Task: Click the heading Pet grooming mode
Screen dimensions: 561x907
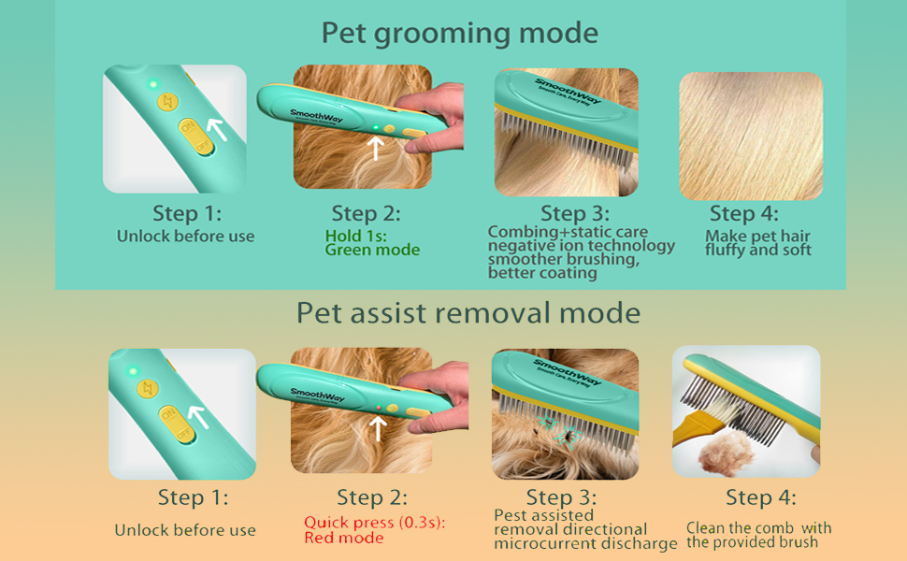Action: click(x=459, y=33)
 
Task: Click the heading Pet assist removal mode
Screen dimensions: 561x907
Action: click(x=468, y=312)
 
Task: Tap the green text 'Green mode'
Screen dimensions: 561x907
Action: click(x=372, y=251)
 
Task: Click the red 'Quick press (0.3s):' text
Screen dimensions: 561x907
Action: click(x=374, y=523)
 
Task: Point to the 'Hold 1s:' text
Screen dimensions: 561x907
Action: click(x=356, y=236)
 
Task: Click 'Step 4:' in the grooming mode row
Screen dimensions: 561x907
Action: click(x=744, y=213)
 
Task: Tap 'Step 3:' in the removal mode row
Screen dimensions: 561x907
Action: click(x=561, y=497)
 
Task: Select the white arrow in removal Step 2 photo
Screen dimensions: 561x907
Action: click(x=378, y=427)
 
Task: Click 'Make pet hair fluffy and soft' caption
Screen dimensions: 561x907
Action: click(x=758, y=243)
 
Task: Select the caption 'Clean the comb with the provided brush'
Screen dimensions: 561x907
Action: click(x=758, y=535)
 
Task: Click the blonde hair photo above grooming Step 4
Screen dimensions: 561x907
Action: click(x=751, y=137)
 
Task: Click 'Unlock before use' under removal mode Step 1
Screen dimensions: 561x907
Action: click(x=185, y=530)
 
